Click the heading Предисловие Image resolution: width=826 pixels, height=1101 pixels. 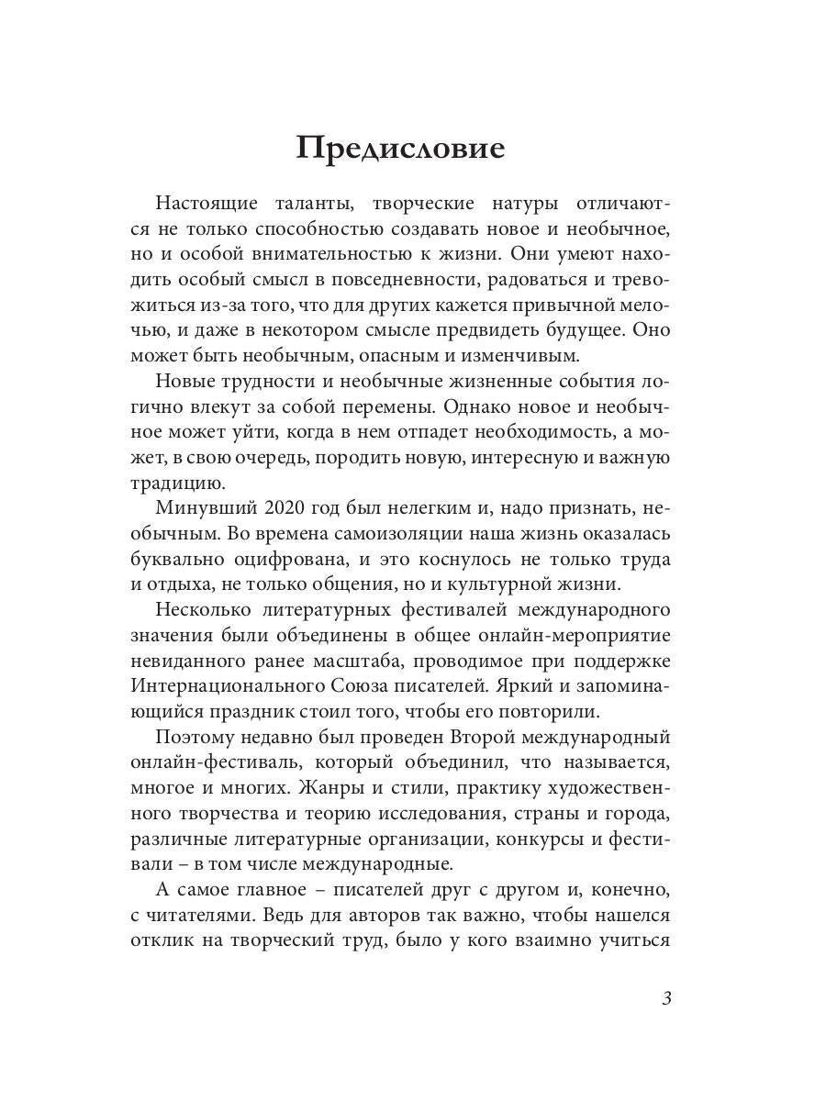400,148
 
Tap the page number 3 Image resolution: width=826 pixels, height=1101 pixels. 666,999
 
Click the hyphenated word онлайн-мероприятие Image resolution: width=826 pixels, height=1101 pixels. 581,635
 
